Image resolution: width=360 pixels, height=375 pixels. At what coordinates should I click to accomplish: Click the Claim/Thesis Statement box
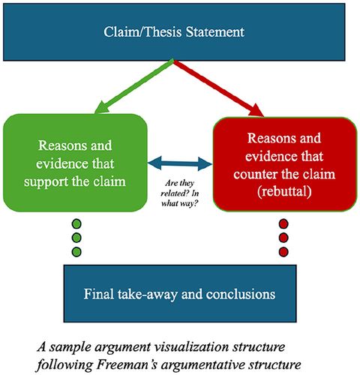(x=180, y=32)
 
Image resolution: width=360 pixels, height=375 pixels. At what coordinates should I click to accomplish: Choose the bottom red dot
(x=283, y=250)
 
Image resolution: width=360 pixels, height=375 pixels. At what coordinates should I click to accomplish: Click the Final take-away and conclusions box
(x=180, y=293)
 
